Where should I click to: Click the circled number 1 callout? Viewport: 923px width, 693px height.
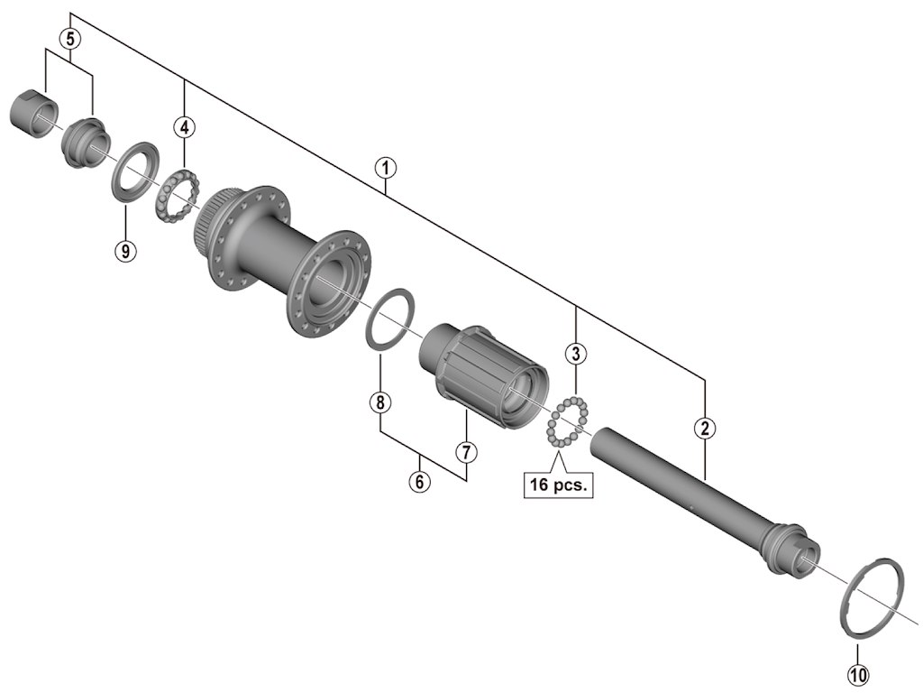[385, 168]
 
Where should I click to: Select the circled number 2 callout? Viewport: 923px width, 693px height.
[705, 428]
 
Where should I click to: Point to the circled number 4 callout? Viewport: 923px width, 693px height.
[184, 126]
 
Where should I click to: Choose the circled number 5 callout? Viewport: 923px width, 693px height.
[70, 39]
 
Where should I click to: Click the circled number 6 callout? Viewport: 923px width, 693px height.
[419, 481]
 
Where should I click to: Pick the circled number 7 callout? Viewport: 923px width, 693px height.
[465, 448]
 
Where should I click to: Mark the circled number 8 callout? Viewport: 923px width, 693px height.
[380, 402]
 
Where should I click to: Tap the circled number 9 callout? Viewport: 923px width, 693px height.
[125, 250]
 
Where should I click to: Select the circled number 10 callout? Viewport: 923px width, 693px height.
[857, 673]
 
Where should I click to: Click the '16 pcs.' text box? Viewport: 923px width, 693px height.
[558, 485]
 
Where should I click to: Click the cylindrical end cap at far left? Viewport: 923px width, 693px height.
[33, 115]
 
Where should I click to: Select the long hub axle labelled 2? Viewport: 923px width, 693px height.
[694, 497]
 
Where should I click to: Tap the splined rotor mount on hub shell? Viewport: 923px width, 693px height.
[210, 226]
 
